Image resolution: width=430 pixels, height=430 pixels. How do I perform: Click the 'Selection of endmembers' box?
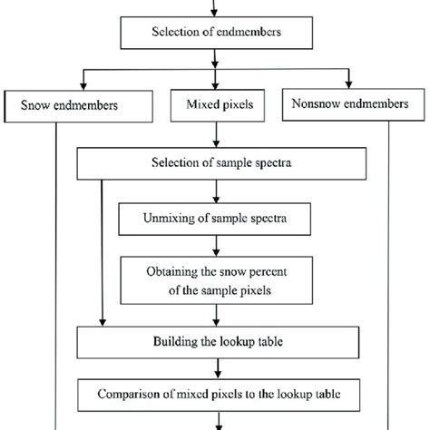coord(215,34)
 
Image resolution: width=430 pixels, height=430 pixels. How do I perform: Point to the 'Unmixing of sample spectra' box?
coord(215,219)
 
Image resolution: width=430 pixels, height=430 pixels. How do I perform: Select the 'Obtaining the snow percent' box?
coord(215,279)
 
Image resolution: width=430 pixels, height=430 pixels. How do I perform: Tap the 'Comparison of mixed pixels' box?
coord(215,395)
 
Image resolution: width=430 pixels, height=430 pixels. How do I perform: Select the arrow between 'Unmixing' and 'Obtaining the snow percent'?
coord(215,245)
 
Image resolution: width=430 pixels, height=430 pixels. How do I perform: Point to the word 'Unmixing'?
coord(171,219)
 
